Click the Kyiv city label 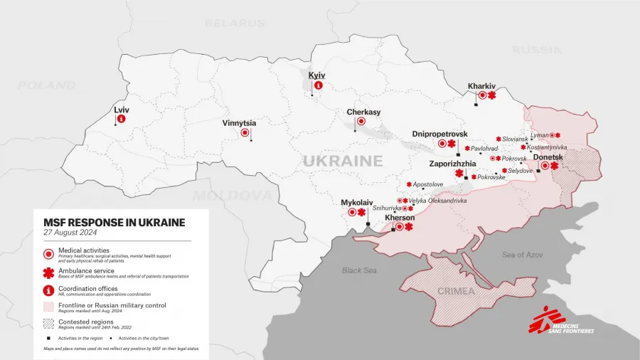[x=316, y=75]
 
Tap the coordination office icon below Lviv [x=121, y=119]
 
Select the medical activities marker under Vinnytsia [x=245, y=132]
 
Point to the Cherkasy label [x=363, y=112]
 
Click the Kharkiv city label [x=481, y=86]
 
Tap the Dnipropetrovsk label [x=440, y=134]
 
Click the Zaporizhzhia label [x=453, y=164]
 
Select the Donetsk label [x=548, y=157]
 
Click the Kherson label [x=399, y=218]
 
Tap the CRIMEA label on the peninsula [x=457, y=291]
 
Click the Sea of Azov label [x=522, y=255]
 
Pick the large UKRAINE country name [x=343, y=161]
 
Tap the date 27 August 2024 [x=70, y=233]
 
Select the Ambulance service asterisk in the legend [x=48, y=272]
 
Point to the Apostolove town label [x=428, y=184]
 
